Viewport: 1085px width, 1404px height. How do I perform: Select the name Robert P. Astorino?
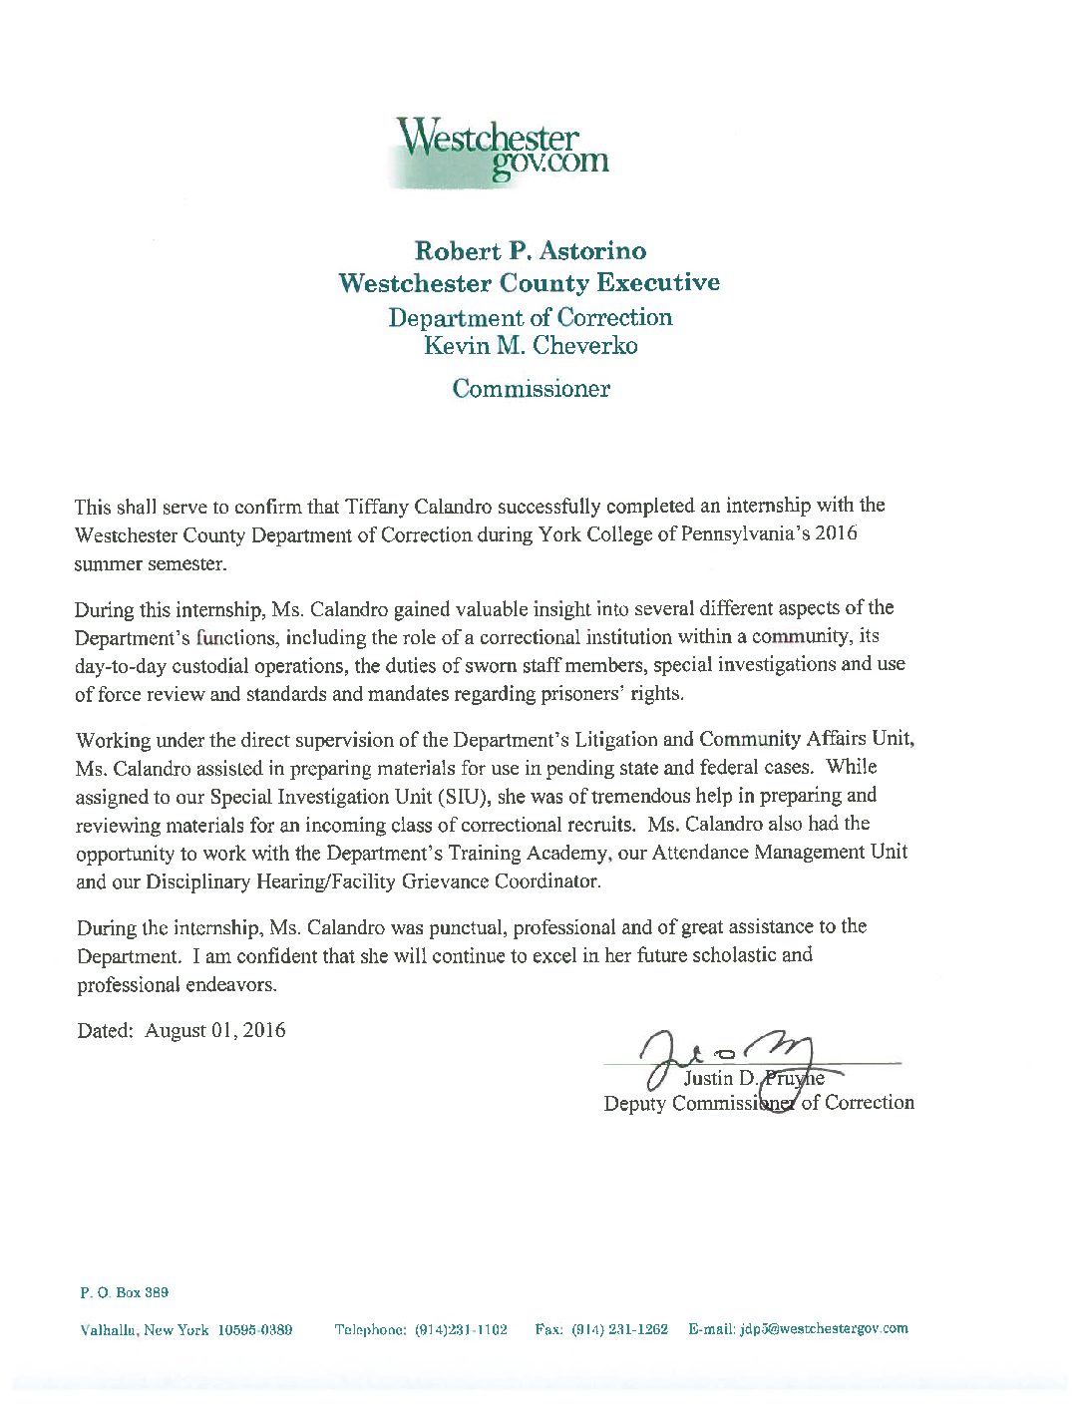(531, 250)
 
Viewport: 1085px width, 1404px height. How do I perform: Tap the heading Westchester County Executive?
(529, 283)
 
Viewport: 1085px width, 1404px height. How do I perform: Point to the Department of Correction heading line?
(531, 317)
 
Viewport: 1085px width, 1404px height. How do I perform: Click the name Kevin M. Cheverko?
(531, 346)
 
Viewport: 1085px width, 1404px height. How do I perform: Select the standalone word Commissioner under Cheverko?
(531, 389)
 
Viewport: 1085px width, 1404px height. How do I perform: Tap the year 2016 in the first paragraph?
(836, 533)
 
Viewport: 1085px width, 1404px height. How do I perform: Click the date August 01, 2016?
(215, 1031)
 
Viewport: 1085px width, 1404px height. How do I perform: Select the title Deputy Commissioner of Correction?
(758, 1103)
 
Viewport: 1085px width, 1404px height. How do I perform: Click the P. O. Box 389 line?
(124, 1292)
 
